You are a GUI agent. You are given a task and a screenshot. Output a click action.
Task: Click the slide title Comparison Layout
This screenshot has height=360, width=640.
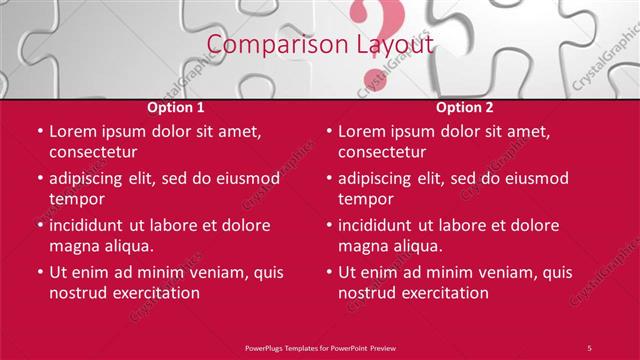click(x=320, y=46)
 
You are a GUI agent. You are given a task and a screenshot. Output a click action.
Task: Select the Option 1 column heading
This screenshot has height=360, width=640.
click(x=176, y=107)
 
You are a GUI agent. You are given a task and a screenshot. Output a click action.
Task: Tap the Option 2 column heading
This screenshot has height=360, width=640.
click(x=465, y=107)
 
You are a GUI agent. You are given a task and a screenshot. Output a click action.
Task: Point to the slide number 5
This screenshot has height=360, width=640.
click(x=589, y=347)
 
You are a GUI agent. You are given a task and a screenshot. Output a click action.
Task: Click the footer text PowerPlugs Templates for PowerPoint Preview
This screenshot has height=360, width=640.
click(x=319, y=347)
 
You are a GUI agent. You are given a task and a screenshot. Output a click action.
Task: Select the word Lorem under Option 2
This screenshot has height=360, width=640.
click(x=363, y=131)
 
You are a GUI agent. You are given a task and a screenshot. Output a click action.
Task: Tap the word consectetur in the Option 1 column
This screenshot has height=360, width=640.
click(x=93, y=153)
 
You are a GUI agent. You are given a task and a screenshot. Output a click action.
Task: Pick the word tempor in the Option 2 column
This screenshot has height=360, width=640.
click(x=365, y=199)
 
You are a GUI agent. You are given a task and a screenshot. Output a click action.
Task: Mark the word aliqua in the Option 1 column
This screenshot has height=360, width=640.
click(x=126, y=246)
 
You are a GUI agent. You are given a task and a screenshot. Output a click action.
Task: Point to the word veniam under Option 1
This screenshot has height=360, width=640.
click(x=210, y=271)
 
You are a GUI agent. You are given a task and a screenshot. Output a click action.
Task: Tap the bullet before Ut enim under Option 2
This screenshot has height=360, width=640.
click(x=329, y=271)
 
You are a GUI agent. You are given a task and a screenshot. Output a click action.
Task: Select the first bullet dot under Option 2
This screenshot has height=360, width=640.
click(x=329, y=131)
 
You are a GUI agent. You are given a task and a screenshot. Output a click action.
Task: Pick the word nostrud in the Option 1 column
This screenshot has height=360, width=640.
click(x=79, y=293)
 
